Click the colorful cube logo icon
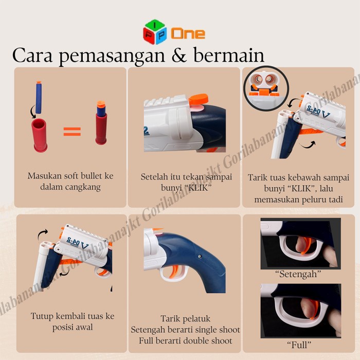[155, 32]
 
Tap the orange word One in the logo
[188, 33]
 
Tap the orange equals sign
[72, 131]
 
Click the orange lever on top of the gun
[197, 99]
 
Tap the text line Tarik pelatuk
[185, 319]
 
